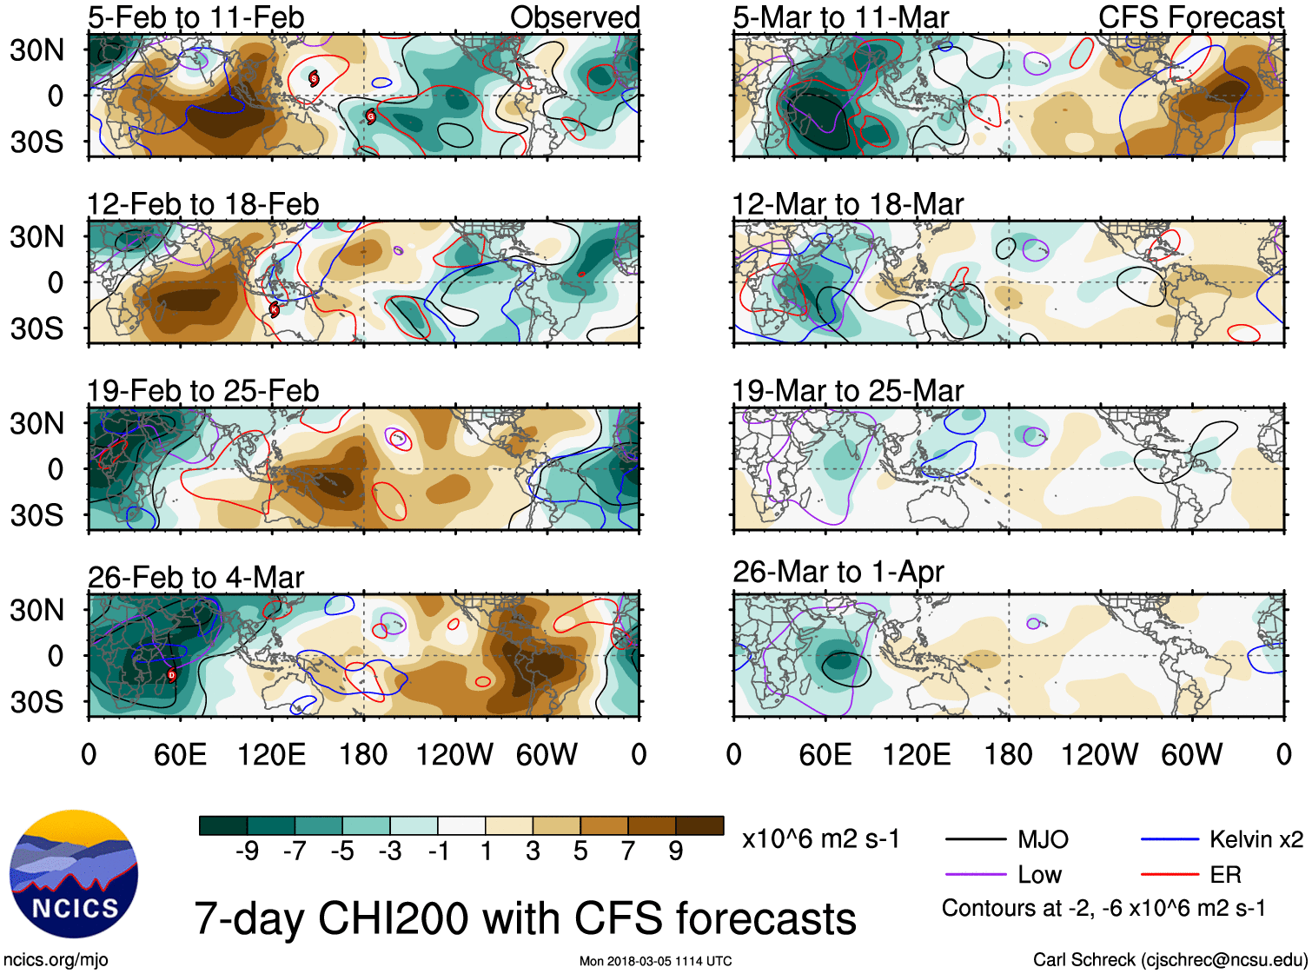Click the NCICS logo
click(x=74, y=874)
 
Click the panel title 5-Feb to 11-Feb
click(x=195, y=17)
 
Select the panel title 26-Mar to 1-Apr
click(x=838, y=572)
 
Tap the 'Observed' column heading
click(x=574, y=17)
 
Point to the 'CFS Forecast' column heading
click(x=1190, y=17)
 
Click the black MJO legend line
click(x=975, y=839)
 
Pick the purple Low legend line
click(x=975, y=875)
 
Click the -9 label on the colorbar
click(x=248, y=851)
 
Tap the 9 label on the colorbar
click(x=675, y=851)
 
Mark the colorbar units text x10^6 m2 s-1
click(x=821, y=839)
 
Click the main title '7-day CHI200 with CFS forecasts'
click(x=525, y=918)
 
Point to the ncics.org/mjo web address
click(x=56, y=960)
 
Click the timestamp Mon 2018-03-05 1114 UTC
click(x=655, y=961)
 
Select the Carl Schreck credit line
click(x=1170, y=960)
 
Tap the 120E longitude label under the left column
click(x=271, y=754)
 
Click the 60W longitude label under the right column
click(x=1191, y=754)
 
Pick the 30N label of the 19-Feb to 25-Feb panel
click(x=36, y=424)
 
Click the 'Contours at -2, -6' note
click(x=1103, y=909)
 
